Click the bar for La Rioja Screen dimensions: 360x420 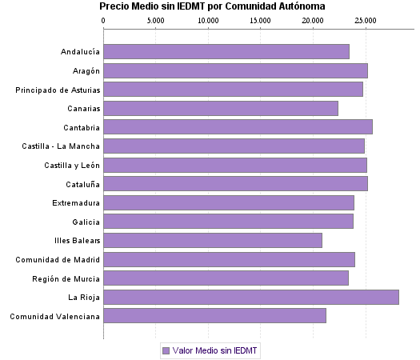250,298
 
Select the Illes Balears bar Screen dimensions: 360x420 213,240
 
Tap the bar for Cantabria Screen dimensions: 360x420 238,126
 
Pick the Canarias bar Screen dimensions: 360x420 221,108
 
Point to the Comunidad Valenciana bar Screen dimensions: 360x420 214,316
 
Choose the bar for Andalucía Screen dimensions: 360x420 226,51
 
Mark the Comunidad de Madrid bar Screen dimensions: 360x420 229,259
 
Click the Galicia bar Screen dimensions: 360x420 228,222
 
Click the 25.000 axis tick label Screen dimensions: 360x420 366,18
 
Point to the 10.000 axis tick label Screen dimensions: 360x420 208,18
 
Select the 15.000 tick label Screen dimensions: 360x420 261,18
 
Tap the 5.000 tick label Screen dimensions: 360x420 156,18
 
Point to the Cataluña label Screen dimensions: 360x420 81,184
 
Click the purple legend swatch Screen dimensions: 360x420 166,350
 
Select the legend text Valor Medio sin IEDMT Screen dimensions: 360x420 215,350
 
